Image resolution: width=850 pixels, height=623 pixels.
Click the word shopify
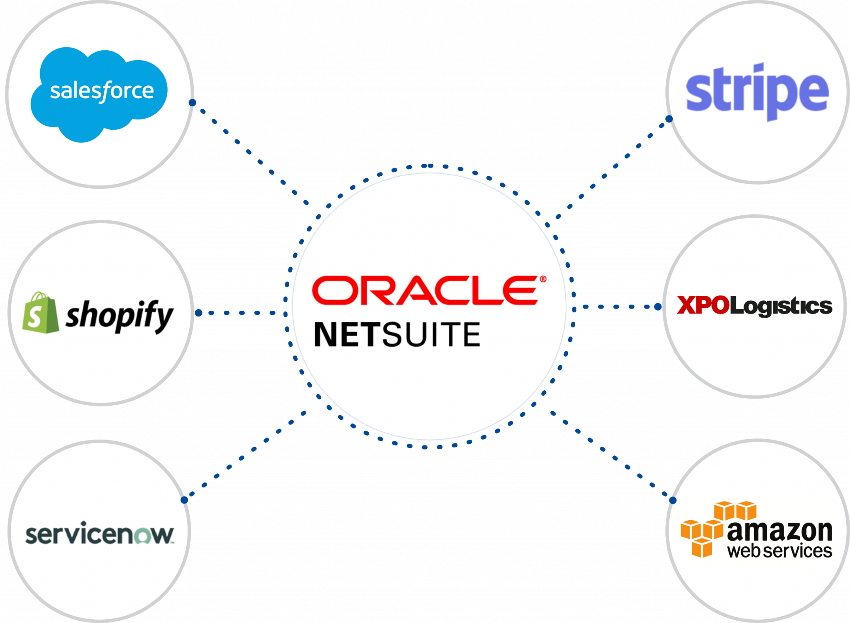click(x=120, y=316)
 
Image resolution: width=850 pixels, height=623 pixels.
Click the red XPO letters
click(x=703, y=306)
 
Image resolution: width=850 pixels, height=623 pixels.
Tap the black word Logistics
click(x=781, y=307)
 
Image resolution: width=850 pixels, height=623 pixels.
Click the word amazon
click(x=780, y=531)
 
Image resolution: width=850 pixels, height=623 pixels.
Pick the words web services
click(x=779, y=551)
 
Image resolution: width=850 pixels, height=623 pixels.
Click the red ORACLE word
click(x=425, y=290)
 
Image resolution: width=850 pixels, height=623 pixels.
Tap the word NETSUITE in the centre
click(x=397, y=334)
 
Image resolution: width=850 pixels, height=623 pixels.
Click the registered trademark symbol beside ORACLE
click(x=542, y=279)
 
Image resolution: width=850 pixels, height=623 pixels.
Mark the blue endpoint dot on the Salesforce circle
click(x=192, y=102)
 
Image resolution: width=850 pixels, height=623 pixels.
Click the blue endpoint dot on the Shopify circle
click(x=198, y=313)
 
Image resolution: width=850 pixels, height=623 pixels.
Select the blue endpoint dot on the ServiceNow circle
click(x=185, y=500)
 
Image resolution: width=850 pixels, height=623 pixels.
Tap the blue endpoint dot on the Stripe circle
click(x=669, y=119)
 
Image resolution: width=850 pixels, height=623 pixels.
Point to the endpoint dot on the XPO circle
click(x=658, y=307)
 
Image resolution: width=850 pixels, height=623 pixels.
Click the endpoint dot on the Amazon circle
click(x=672, y=501)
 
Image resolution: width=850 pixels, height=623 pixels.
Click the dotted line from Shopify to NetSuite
click(x=241, y=313)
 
